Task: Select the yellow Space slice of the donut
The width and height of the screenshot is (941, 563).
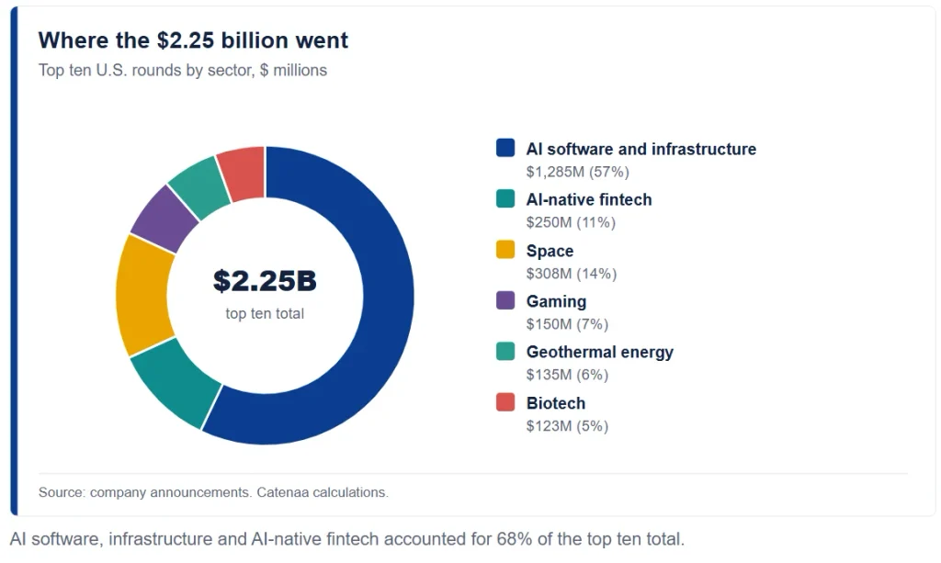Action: pyautogui.click(x=142, y=296)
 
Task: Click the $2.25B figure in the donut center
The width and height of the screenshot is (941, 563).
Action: pyautogui.click(x=265, y=281)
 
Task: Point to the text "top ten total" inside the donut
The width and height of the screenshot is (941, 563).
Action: pyautogui.click(x=265, y=313)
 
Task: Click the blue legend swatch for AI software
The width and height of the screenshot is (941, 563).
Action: pyautogui.click(x=505, y=148)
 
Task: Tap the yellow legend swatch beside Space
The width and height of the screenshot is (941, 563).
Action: pyautogui.click(x=505, y=250)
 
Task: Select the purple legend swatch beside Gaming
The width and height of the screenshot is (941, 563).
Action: pyautogui.click(x=505, y=299)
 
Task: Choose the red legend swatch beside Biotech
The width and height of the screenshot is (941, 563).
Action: pyautogui.click(x=505, y=401)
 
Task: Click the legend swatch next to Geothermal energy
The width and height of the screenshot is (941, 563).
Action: pyautogui.click(x=505, y=351)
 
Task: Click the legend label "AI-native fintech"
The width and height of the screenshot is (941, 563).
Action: pyautogui.click(x=589, y=199)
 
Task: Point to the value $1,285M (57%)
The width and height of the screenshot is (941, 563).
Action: pyautogui.click(x=577, y=172)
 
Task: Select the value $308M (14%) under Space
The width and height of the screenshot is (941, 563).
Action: pyautogui.click(x=572, y=274)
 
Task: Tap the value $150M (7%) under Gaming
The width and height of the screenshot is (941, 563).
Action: pyautogui.click(x=567, y=324)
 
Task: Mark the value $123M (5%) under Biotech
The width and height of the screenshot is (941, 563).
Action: pyautogui.click(x=567, y=426)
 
